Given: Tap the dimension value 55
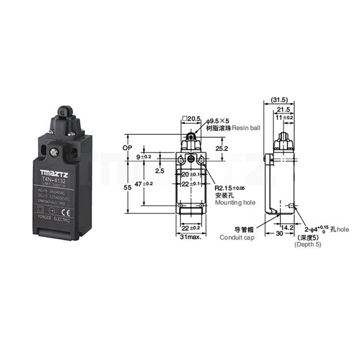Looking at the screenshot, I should (x=127, y=189).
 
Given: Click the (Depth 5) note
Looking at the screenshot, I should (x=308, y=244).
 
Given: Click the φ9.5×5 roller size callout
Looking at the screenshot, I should (x=221, y=121).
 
